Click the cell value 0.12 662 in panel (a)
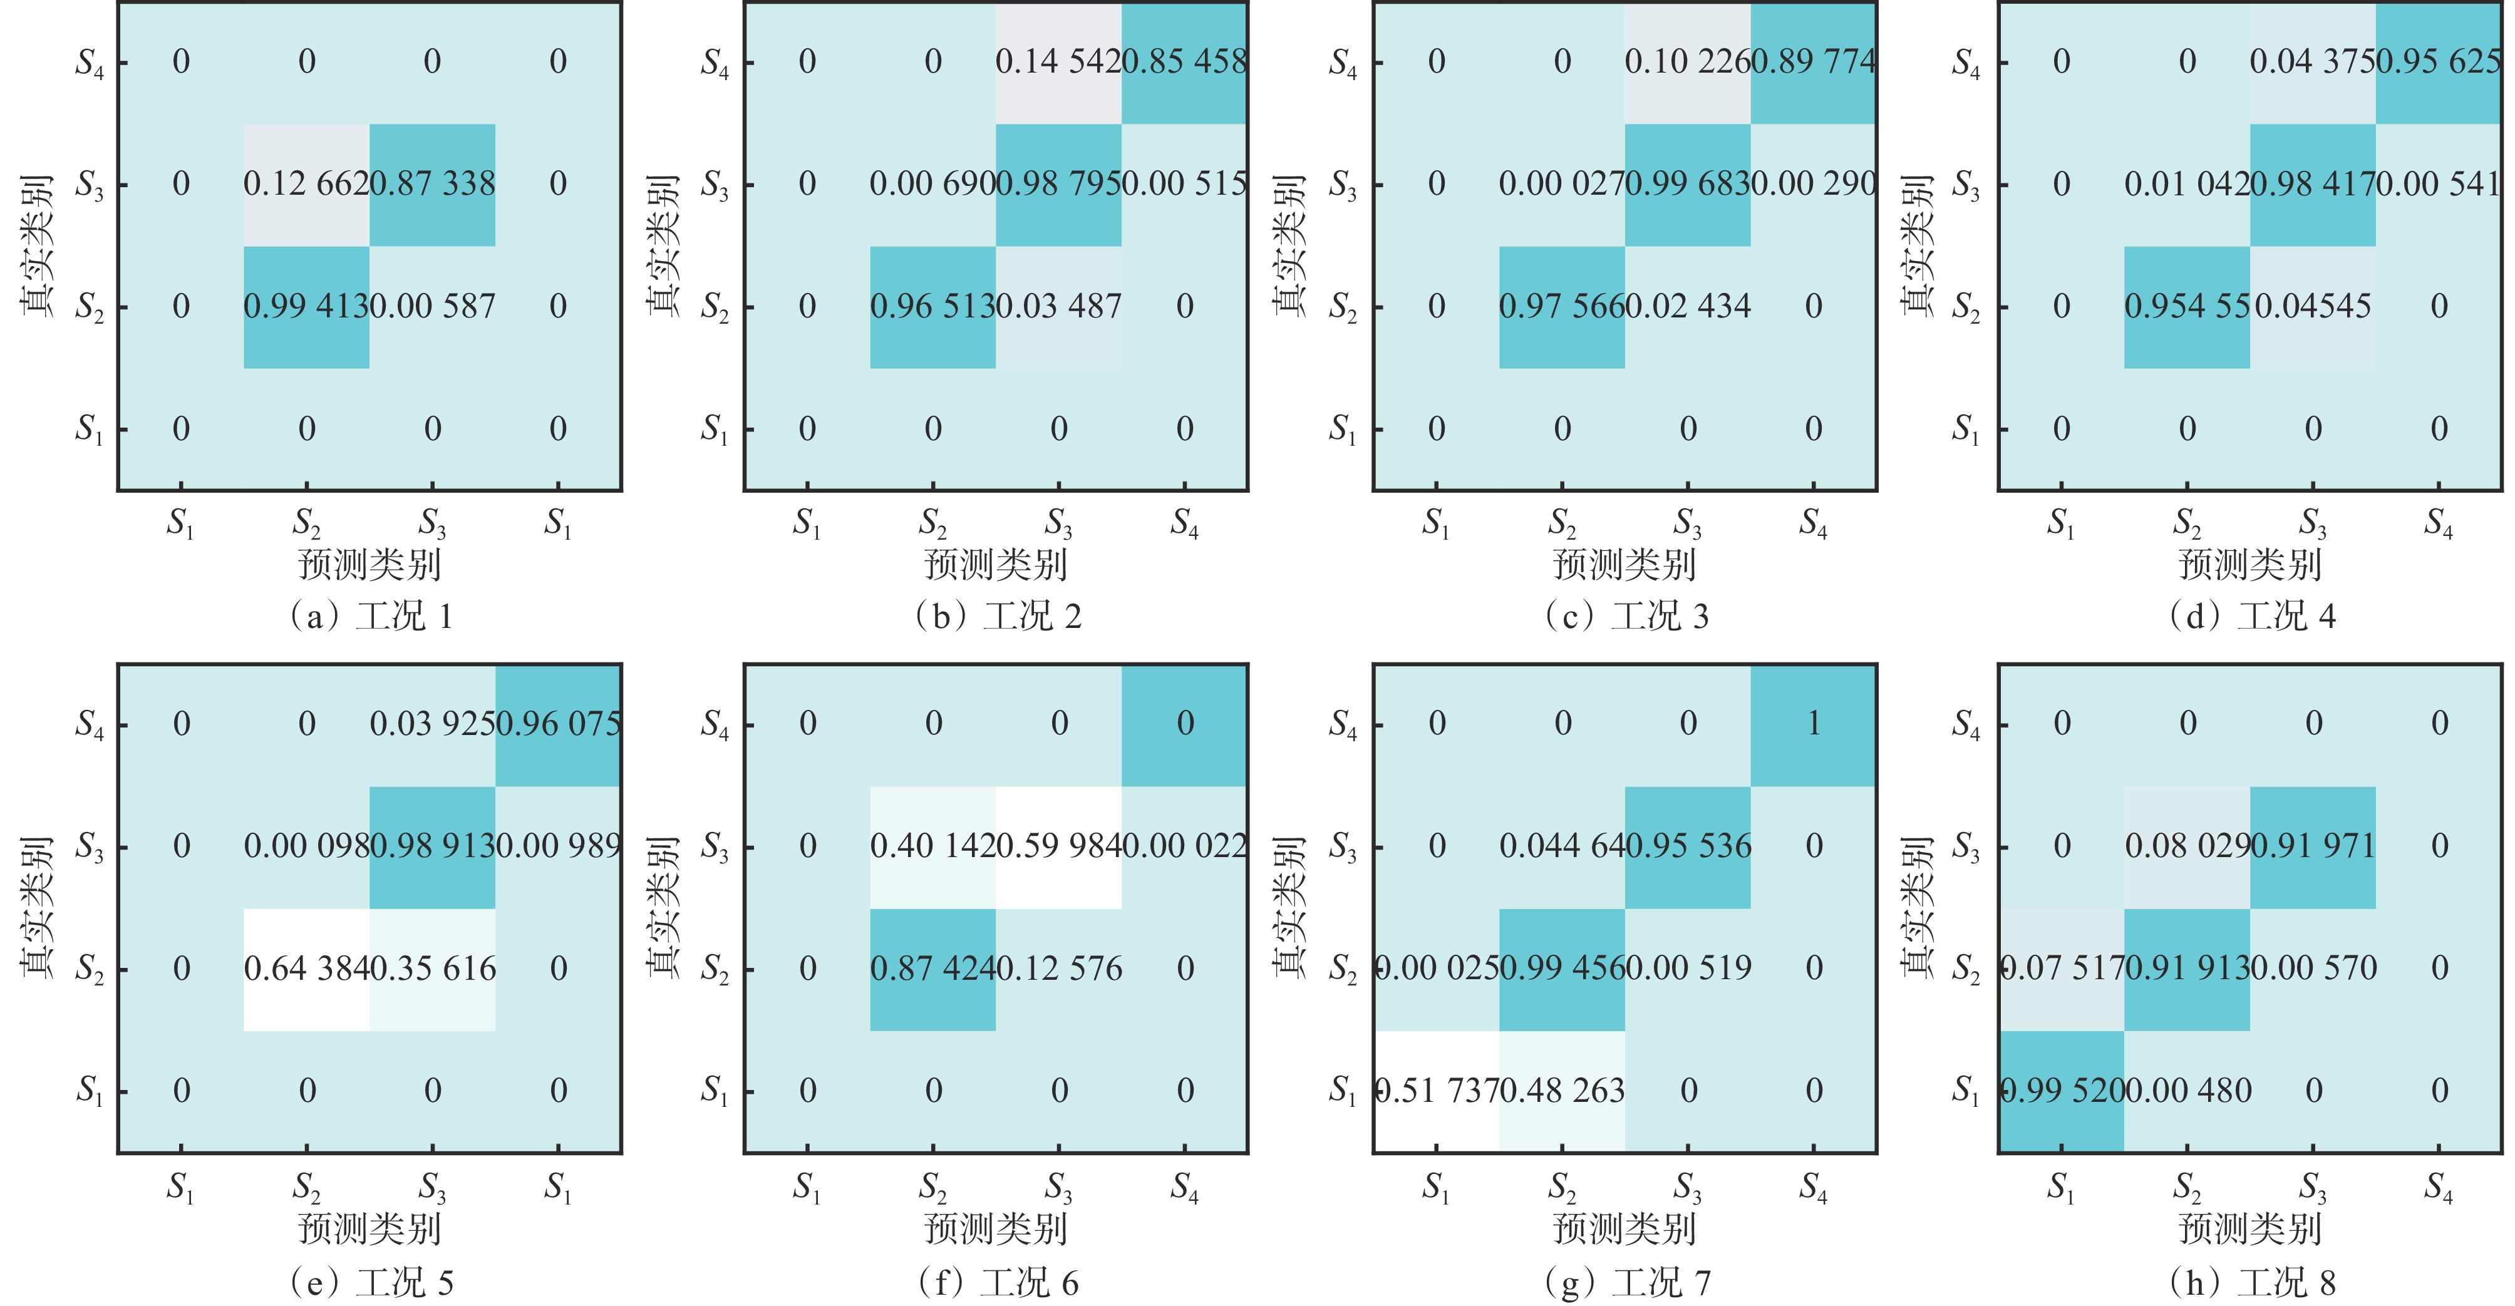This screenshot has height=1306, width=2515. tap(307, 183)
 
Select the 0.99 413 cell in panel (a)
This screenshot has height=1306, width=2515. tap(307, 307)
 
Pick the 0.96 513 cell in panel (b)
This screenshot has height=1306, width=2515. tap(932, 307)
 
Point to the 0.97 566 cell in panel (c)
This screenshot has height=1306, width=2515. tap(1561, 307)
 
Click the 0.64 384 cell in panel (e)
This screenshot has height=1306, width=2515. tap(307, 969)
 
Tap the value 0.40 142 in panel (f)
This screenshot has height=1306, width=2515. tap(932, 845)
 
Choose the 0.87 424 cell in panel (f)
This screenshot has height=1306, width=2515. tap(932, 969)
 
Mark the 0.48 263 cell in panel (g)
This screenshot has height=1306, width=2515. tap(1561, 1090)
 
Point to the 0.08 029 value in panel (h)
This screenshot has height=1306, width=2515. tap(2187, 845)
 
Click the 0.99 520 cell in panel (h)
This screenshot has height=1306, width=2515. tap(2061, 1090)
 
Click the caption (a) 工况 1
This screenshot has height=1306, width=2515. tap(371, 617)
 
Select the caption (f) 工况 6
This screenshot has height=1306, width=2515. tap(998, 1282)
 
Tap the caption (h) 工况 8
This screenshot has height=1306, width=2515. tap(2251, 1282)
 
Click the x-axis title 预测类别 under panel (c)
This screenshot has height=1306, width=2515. tap(1624, 564)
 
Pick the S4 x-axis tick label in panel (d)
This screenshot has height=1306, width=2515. tap(2438, 524)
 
